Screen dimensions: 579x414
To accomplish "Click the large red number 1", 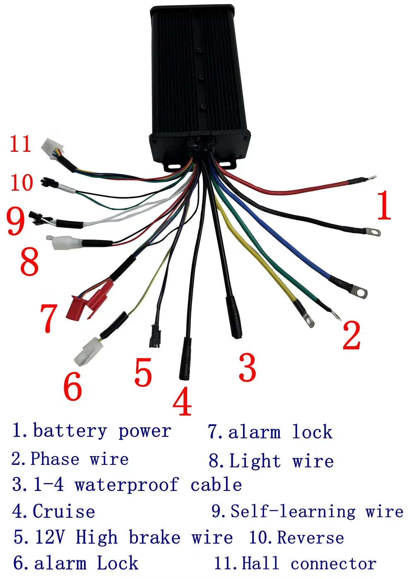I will [384, 205].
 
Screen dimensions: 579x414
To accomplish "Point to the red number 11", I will [21, 144].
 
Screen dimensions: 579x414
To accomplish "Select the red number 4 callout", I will [182, 402].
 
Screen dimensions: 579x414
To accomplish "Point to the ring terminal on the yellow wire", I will [308, 320].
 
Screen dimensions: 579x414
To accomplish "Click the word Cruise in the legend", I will [64, 512].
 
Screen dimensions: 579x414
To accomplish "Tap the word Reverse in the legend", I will [310, 538].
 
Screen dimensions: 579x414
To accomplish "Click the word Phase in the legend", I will [55, 459].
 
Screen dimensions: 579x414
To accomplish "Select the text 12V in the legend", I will [50, 537].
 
